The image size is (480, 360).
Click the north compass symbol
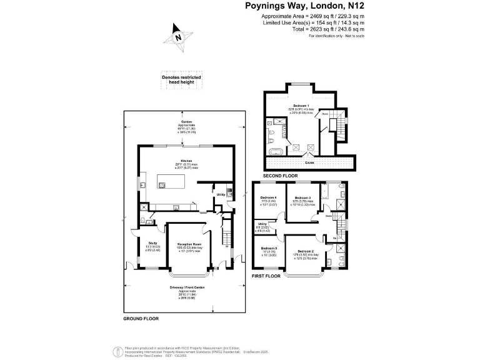coord(179,36)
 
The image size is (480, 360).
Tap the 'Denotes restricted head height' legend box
coord(179,80)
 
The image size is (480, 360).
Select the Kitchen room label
coord(186,160)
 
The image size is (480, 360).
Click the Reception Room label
coord(189,244)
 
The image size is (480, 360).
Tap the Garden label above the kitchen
coord(186,121)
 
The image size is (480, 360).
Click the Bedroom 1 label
coord(301,104)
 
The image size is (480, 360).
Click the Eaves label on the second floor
coord(310,162)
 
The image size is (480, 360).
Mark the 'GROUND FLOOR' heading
coord(141,319)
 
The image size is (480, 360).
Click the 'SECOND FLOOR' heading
coord(279,176)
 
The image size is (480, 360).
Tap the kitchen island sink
coord(161,184)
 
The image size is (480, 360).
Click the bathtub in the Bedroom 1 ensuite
coord(276,151)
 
